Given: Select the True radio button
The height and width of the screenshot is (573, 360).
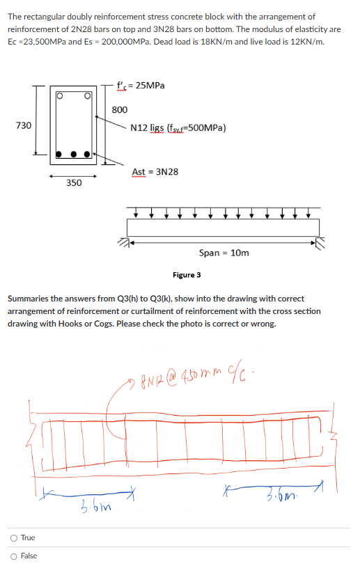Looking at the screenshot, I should pos(14,537).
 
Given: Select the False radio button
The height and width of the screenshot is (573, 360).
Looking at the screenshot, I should pos(14,556).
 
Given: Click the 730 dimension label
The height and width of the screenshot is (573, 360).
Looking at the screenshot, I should pos(24,125).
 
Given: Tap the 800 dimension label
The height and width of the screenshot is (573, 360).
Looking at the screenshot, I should pos(119,110).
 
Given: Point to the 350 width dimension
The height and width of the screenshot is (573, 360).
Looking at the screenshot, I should pos(73,182).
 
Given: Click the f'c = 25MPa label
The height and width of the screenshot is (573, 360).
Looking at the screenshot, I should pos(146,85).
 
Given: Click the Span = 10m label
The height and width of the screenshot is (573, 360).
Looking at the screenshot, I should pos(224,253).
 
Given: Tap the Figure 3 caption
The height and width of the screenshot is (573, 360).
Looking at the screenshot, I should pos(186,275).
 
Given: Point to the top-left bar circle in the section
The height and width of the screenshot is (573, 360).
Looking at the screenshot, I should pos(61,95).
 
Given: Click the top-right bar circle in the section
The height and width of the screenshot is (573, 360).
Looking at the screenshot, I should pos(88,95).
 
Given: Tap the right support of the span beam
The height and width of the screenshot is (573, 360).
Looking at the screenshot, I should pos(320,242).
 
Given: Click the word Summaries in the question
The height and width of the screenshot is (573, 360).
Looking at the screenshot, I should pos(28,299).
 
